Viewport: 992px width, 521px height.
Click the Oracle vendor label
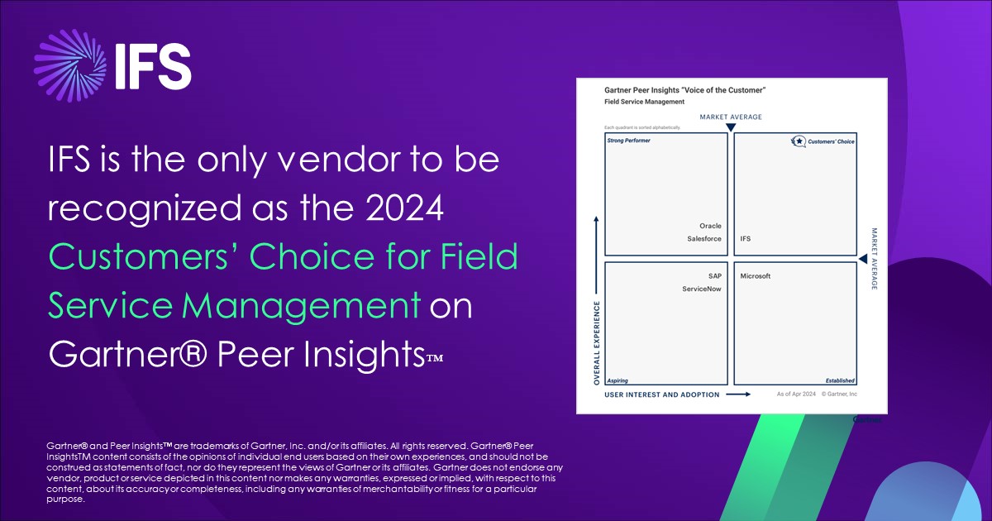coord(710,226)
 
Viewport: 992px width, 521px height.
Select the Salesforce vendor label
coord(704,239)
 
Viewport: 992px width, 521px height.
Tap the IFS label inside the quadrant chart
coord(746,239)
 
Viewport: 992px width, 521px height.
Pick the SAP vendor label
coord(714,276)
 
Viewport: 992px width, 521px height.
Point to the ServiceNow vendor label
coord(702,289)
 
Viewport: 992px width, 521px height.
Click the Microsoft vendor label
coord(756,276)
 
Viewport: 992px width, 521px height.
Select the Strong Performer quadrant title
coord(629,141)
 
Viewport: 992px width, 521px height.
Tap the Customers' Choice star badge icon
coord(799,141)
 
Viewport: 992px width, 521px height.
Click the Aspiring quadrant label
coord(618,380)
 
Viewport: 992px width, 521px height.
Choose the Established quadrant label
coord(840,380)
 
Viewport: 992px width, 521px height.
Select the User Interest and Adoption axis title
coord(662,395)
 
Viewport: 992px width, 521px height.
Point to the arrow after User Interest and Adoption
coord(737,395)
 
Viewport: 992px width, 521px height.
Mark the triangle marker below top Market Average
coord(731,127)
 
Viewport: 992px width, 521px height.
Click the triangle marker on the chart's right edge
coord(864,259)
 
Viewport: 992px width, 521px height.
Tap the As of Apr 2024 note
coord(796,395)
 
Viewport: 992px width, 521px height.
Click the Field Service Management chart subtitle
coord(644,102)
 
